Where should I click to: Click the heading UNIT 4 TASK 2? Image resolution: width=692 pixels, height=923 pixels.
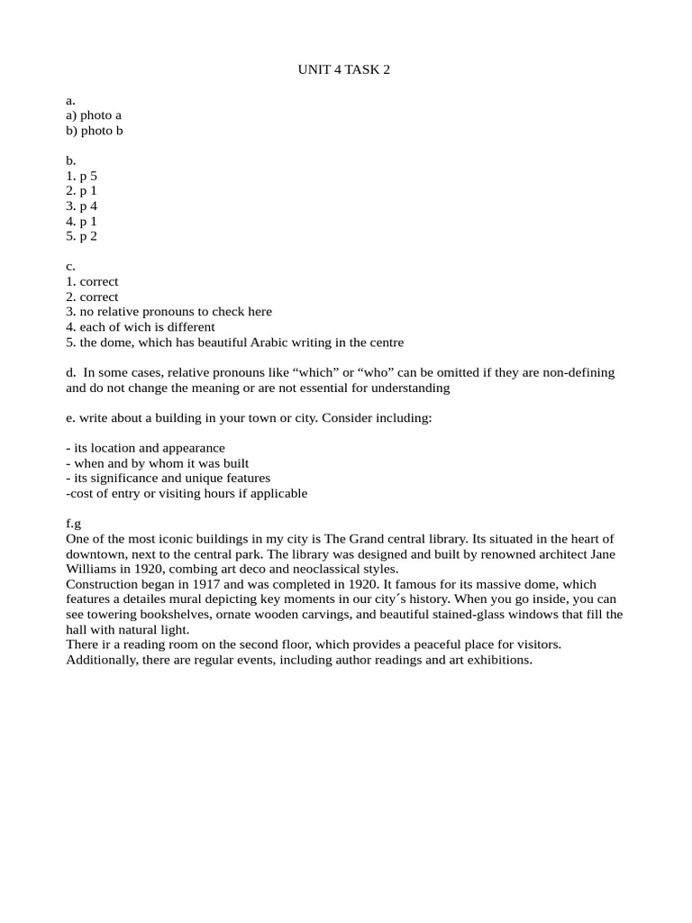(x=344, y=69)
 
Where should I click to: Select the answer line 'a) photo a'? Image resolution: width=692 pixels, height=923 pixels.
(x=94, y=115)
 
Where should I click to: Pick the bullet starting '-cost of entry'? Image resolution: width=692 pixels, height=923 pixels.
(x=187, y=493)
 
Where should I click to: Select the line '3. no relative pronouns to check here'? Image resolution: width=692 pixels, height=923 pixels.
(x=168, y=312)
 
